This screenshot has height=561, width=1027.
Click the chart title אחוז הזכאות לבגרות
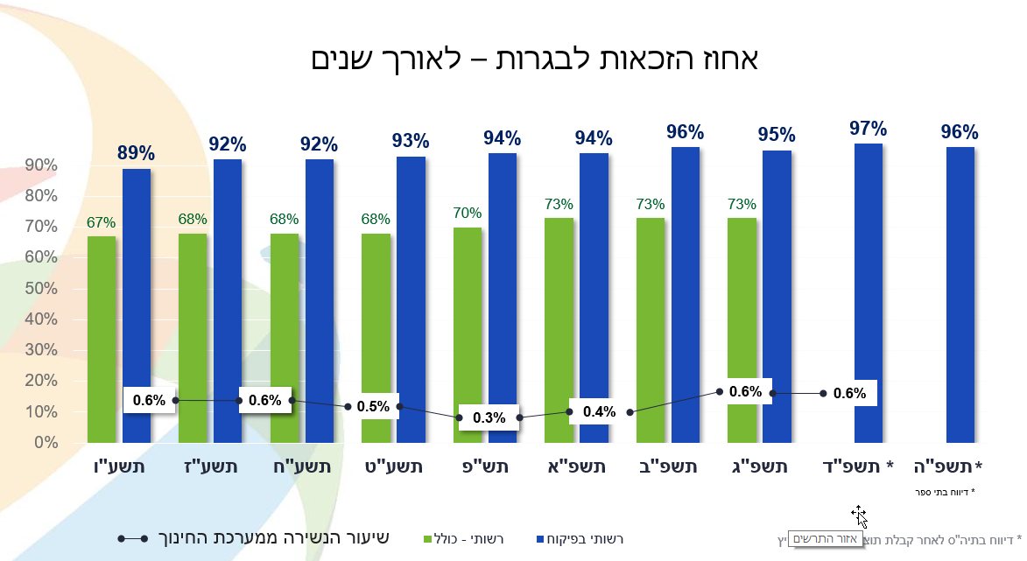click(535, 60)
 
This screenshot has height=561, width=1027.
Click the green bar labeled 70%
click(468, 324)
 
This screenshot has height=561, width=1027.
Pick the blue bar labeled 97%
click(868, 289)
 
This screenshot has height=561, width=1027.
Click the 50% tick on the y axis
click(40, 289)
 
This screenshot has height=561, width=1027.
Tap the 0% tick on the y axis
click(46, 443)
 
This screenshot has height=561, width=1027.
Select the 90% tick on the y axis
click(40, 165)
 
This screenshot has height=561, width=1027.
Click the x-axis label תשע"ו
click(119, 467)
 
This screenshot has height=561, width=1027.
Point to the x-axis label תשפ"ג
click(757, 467)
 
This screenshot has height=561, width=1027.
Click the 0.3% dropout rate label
click(489, 417)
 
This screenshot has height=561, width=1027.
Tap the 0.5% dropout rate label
click(373, 407)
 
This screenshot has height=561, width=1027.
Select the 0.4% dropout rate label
click(600, 411)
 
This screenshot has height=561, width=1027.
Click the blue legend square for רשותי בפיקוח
click(540, 538)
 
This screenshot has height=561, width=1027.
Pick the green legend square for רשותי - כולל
click(428, 538)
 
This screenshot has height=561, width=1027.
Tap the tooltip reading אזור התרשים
click(826, 539)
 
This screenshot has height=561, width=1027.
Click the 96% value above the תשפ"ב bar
click(685, 132)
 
